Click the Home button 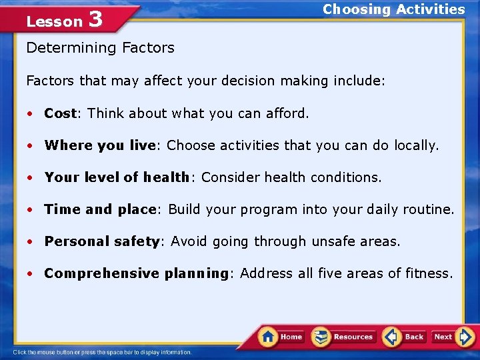[281, 337]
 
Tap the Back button [405, 337]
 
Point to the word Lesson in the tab [54, 21]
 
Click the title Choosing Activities [393, 9]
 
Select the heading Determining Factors [100, 47]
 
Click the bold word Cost [60, 113]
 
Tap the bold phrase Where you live [101, 145]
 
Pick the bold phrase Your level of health [117, 177]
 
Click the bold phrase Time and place [99, 209]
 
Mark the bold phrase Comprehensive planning [136, 273]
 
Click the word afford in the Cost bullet [288, 113]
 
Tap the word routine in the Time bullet [429, 209]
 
